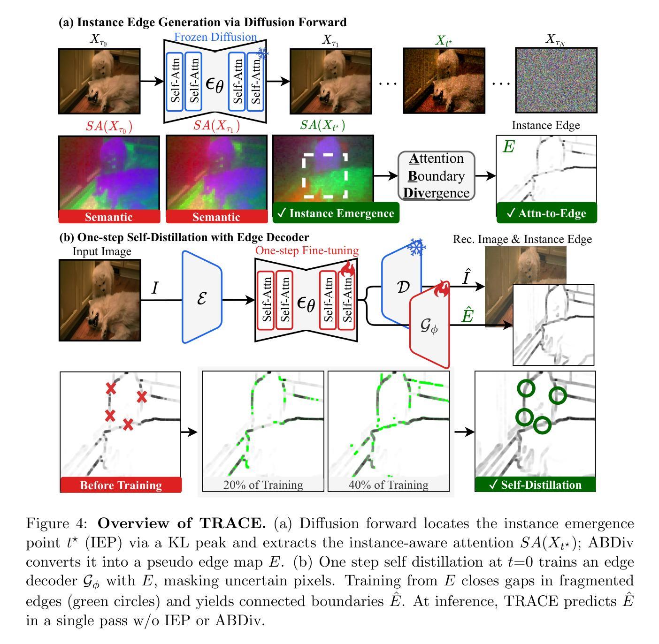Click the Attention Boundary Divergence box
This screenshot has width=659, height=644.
pyautogui.click(x=436, y=176)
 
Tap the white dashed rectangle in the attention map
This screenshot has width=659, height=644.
pyautogui.click(x=325, y=175)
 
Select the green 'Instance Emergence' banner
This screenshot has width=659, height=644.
pyautogui.click(x=336, y=213)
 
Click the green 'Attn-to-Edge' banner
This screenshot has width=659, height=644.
pyautogui.click(x=546, y=213)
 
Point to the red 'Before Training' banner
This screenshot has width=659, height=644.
pyautogui.click(x=121, y=485)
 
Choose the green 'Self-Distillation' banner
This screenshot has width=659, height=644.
pyautogui.click(x=535, y=485)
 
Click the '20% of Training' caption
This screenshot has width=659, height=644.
pyautogui.click(x=263, y=485)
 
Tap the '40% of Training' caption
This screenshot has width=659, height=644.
pyautogui.click(x=388, y=485)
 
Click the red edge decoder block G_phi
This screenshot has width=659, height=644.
pyautogui.click(x=429, y=327)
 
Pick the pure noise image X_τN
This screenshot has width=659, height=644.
pyautogui.click(x=556, y=80)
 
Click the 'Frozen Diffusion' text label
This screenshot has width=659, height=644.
pyautogui.click(x=215, y=37)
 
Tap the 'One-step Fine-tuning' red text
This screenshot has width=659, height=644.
pyautogui.click(x=307, y=250)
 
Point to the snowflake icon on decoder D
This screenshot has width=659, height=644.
pyautogui.click(x=416, y=247)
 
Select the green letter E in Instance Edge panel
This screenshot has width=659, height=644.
pyautogui.click(x=508, y=147)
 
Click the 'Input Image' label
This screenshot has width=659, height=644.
pyautogui.click(x=102, y=251)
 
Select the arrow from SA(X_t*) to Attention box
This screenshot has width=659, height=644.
pyautogui.click(x=385, y=176)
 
